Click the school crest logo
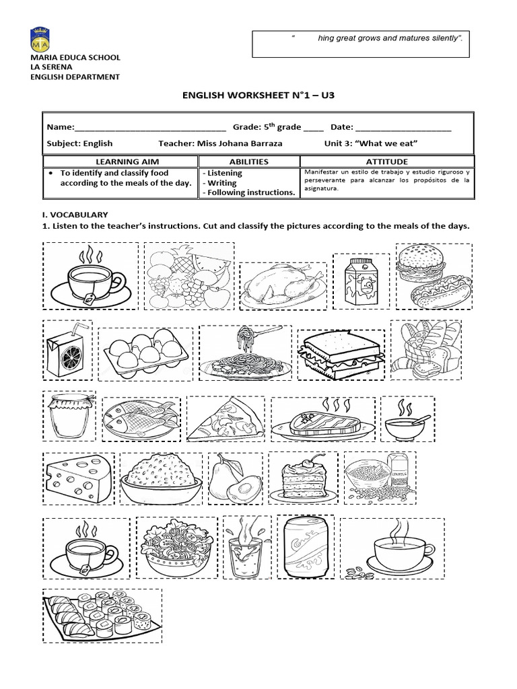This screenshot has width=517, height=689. pyautogui.click(x=40, y=41)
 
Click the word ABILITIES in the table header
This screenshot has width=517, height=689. pyautogui.click(x=248, y=161)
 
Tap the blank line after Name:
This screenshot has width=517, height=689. pyautogui.click(x=148, y=128)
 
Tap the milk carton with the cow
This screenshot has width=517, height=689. pyautogui.click(x=361, y=281)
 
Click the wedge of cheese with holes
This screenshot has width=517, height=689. pyautogui.click(x=77, y=478)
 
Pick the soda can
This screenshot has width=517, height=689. pyautogui.click(x=297, y=548)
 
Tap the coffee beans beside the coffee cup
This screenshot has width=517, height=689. pyautogui.click(x=357, y=573)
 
